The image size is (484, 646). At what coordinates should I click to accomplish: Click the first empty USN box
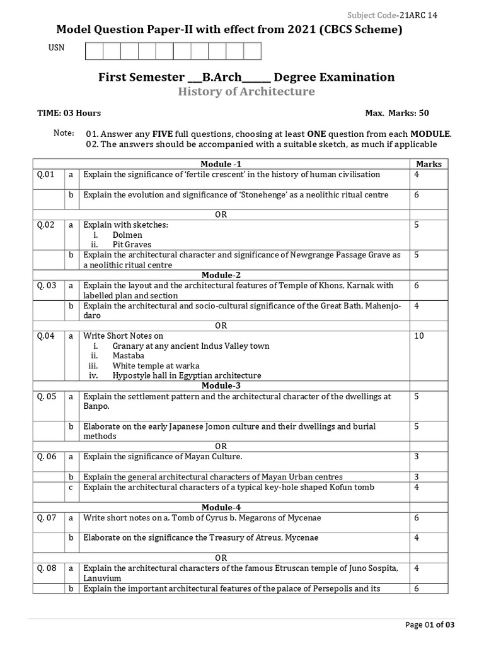93,50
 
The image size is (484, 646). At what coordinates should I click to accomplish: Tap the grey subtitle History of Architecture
246,92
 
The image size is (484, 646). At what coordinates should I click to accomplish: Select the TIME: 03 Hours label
69,113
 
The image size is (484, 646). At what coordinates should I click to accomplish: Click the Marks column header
429,164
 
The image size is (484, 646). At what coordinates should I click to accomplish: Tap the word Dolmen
127,235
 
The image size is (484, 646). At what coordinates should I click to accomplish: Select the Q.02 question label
46,225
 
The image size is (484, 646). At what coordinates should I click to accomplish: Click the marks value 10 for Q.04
419,336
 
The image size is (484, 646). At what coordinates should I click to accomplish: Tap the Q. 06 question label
47,457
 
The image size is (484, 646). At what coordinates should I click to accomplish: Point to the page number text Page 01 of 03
430,625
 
